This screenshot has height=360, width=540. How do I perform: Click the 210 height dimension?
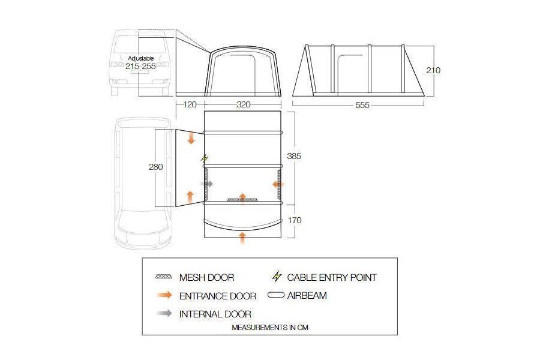[433, 70]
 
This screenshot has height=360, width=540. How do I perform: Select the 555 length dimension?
[362, 105]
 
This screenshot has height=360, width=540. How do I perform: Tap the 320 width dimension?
[243, 105]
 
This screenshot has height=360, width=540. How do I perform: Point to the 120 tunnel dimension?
[190, 104]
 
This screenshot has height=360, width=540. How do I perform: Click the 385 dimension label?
[294, 156]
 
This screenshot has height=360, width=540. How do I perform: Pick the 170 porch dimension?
[295, 220]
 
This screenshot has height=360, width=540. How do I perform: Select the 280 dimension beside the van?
[155, 167]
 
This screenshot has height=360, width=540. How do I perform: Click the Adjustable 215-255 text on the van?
[140, 63]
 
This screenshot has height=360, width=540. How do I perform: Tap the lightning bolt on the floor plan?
[205, 158]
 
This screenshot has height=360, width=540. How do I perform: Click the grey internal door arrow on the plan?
[206, 184]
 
